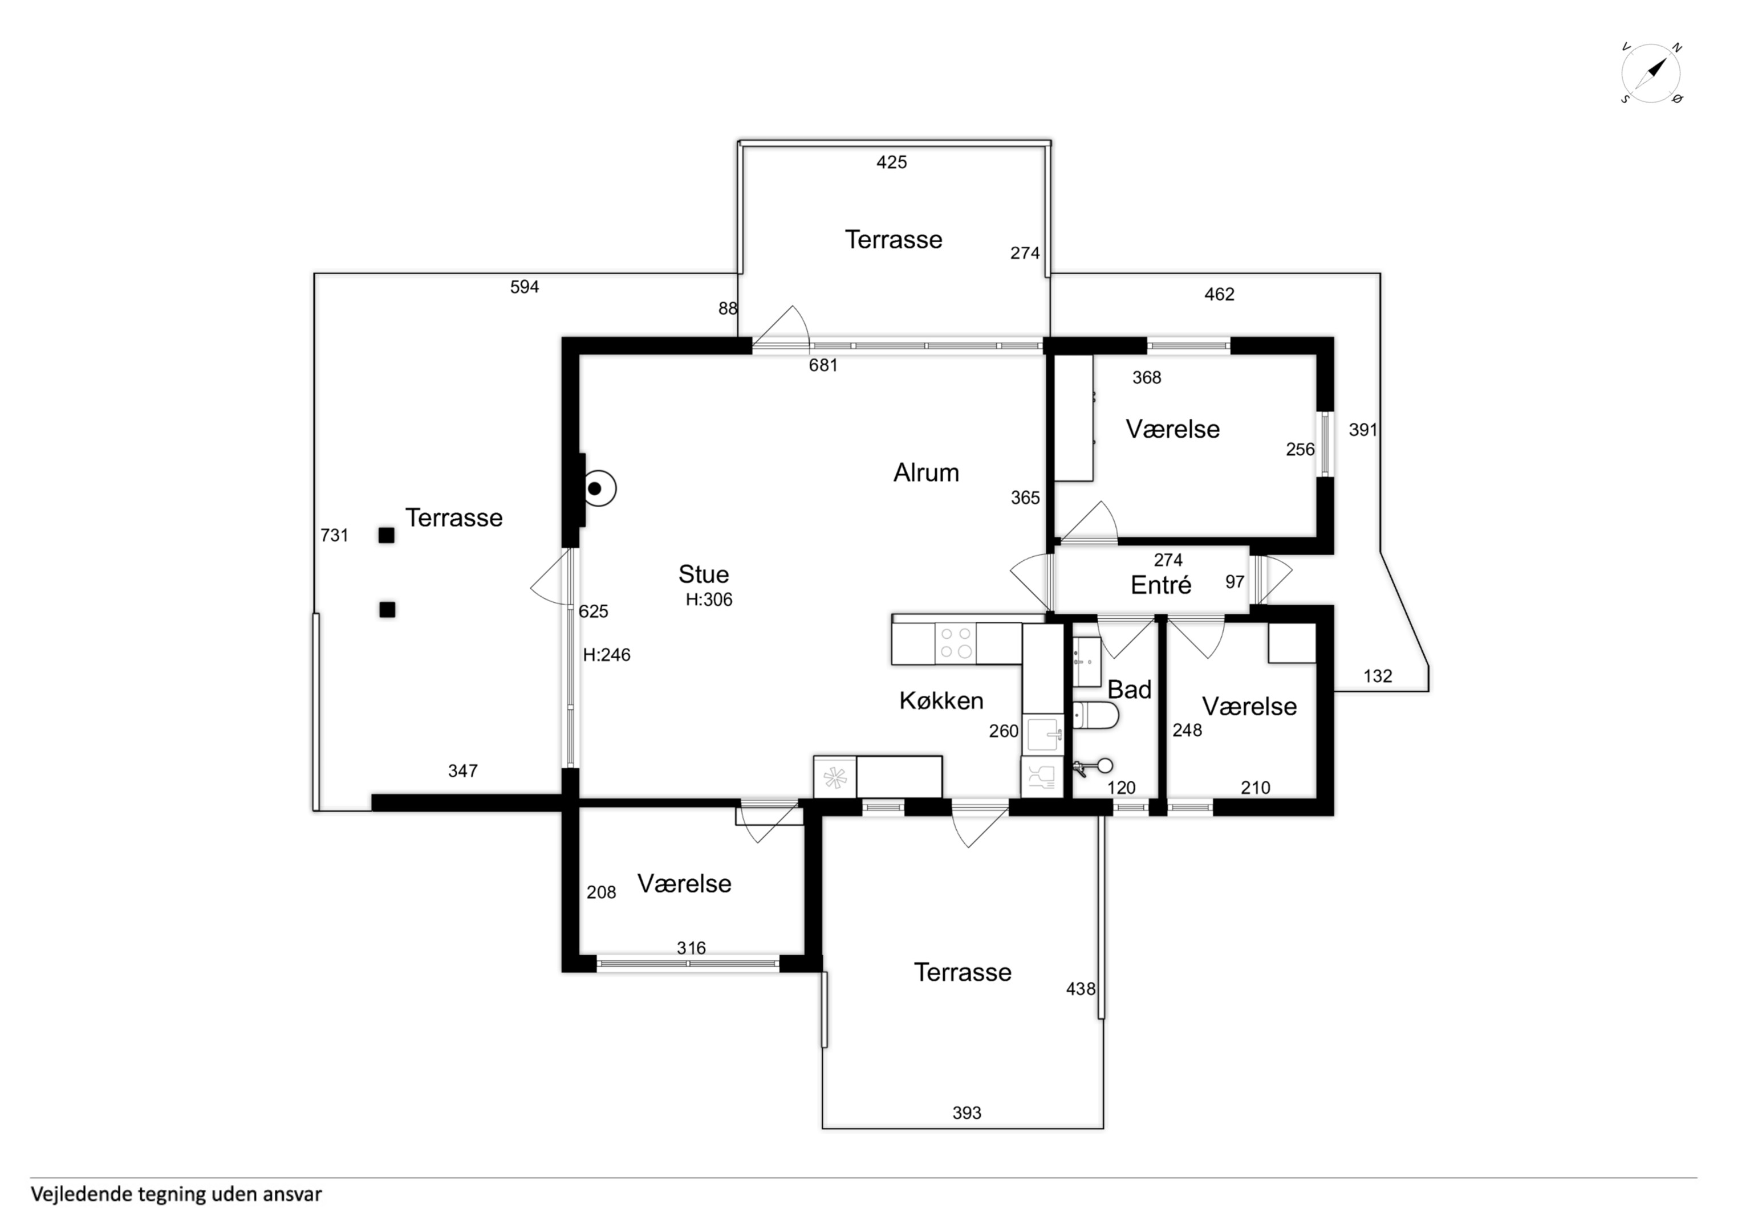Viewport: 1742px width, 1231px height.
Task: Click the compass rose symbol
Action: pos(1651,73)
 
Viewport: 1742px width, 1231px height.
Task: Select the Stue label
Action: pos(703,574)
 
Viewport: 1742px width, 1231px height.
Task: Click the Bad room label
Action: pos(1129,690)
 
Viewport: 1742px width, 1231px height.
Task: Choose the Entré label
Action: pos(1161,585)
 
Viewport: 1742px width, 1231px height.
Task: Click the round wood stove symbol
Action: pos(597,488)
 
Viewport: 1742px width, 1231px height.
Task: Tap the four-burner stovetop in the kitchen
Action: pos(955,643)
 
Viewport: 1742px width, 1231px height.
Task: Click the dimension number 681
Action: pos(823,365)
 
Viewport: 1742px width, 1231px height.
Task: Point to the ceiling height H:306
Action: pos(709,600)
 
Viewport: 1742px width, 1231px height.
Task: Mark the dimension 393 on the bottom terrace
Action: pos(967,1112)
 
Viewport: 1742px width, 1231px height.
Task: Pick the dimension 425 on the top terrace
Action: pos(891,162)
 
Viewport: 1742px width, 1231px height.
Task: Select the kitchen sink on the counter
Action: pos(1044,734)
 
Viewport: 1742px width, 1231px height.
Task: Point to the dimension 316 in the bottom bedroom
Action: pos(691,948)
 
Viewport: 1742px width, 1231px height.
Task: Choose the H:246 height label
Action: pos(606,655)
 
